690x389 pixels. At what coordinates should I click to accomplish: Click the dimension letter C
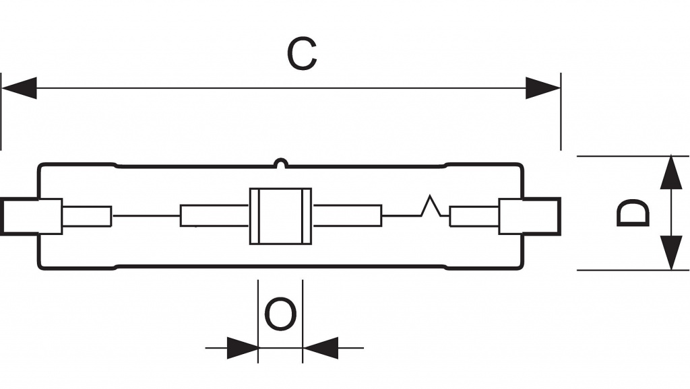[302, 55]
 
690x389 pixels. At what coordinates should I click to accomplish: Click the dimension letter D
[633, 213]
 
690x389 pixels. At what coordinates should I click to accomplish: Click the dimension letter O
[280, 315]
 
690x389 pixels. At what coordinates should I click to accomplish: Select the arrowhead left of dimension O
[242, 348]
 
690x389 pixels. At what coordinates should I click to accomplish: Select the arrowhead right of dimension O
[319, 348]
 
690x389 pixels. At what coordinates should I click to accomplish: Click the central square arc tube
[280, 215]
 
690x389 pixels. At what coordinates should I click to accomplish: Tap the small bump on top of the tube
[280, 162]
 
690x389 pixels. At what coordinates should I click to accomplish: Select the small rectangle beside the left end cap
[87, 215]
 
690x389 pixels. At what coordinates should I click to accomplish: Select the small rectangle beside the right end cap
[474, 216]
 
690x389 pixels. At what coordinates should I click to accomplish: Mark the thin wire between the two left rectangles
[146, 215]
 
